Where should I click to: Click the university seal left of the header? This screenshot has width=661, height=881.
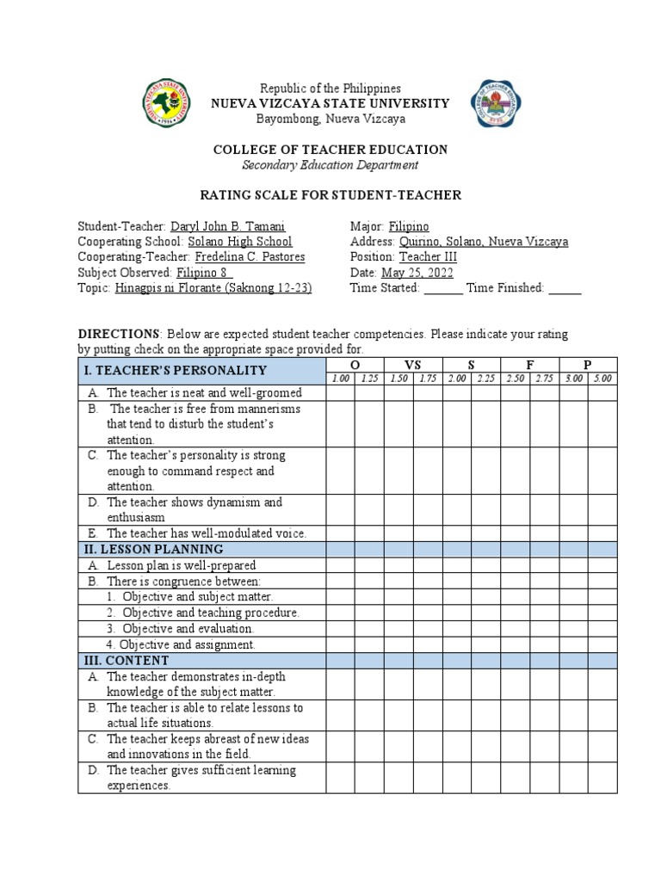pos(167,104)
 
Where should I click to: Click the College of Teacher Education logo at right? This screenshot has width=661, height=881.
pos(496,104)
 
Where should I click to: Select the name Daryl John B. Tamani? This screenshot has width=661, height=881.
pos(228,226)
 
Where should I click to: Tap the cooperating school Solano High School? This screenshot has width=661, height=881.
pos(240,242)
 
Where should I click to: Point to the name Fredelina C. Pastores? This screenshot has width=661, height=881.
pos(250,257)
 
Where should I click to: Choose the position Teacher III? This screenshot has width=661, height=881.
pos(428,257)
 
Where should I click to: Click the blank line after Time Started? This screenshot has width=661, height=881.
pos(443,289)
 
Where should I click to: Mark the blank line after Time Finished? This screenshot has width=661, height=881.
pos(565,289)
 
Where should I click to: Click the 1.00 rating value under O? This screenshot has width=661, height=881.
pos(341,379)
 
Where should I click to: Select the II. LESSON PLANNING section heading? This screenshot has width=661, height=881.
pos(152,549)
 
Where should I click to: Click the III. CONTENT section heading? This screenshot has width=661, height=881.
pos(125,660)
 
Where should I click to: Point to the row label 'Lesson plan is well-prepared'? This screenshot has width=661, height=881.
pos(182,565)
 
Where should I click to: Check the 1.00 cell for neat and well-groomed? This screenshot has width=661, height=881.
pos(341,392)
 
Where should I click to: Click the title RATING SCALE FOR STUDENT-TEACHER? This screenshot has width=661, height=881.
pos(330,195)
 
